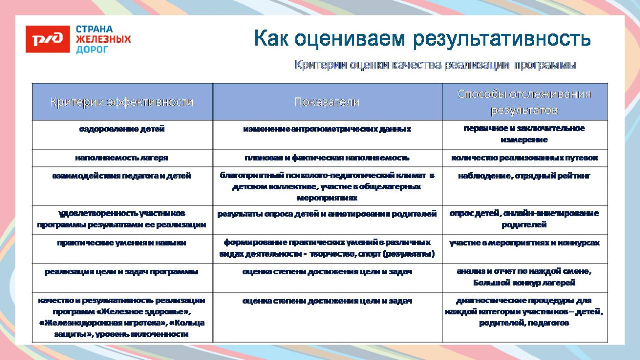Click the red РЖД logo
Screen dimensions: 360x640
click(x=47, y=39)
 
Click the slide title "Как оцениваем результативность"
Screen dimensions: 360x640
click(x=422, y=38)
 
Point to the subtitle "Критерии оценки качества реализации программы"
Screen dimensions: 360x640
click(x=435, y=65)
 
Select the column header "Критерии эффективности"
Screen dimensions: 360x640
click(x=122, y=102)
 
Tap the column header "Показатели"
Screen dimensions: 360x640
click(x=327, y=102)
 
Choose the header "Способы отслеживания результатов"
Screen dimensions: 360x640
click(x=524, y=102)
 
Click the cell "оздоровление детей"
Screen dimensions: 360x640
click(x=122, y=129)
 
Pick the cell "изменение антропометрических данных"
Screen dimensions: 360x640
click(x=327, y=129)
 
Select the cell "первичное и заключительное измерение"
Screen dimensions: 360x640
click(x=524, y=134)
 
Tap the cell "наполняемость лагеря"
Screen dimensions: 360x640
click(x=122, y=158)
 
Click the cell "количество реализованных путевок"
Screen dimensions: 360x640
click(x=524, y=158)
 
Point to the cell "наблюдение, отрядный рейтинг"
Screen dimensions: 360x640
click(x=524, y=176)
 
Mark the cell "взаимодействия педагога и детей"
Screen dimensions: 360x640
click(x=122, y=176)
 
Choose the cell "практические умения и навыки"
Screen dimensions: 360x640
click(x=122, y=243)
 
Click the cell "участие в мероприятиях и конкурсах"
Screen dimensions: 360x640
click(x=524, y=243)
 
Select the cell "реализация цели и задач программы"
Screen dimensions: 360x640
click(x=122, y=272)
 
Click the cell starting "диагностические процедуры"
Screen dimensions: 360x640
click(x=524, y=311)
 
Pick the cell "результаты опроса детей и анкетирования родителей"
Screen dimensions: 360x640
click(x=327, y=214)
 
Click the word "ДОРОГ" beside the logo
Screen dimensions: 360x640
click(x=92, y=50)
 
